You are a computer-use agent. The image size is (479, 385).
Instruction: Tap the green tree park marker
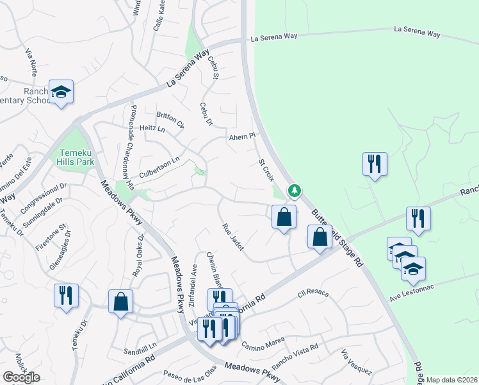point(294,190)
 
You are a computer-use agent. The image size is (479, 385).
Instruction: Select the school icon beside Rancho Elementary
point(61,92)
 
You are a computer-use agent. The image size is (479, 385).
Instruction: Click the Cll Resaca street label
point(313,295)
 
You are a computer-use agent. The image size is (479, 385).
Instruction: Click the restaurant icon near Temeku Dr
point(66,296)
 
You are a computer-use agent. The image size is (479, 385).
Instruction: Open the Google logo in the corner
point(21,377)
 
